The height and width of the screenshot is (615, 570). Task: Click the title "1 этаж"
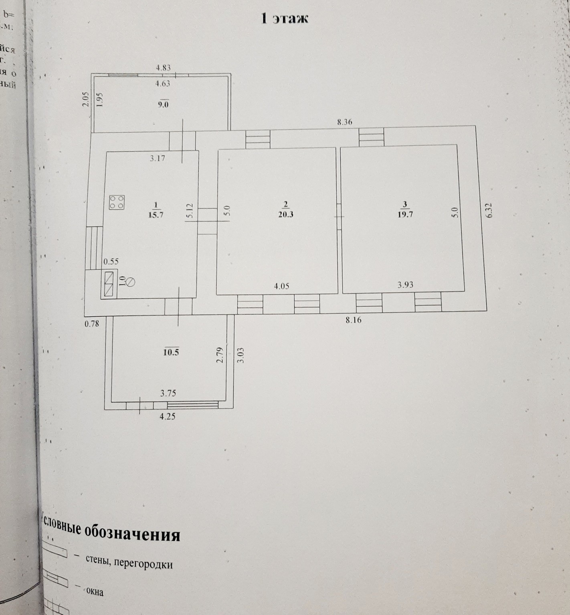point(285,19)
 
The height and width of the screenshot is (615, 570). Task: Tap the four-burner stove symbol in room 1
point(117,202)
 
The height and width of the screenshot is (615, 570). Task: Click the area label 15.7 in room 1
point(156,214)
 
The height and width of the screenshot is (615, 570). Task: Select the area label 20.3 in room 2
point(285,214)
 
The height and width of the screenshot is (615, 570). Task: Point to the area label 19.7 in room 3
point(405,214)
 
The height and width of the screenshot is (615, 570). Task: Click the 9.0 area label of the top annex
point(163,105)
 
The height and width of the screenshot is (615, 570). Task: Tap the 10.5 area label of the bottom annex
point(171,352)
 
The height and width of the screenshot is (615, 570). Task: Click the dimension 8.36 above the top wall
point(345,122)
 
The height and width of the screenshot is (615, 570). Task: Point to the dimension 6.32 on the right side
point(488,210)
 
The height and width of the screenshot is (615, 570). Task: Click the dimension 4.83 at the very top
point(163,67)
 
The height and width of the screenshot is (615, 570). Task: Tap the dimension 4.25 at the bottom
point(168,416)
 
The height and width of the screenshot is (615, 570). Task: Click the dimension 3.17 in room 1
point(158,158)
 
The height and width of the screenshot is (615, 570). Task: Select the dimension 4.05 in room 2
point(281,286)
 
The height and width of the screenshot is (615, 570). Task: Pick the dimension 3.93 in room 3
point(405,285)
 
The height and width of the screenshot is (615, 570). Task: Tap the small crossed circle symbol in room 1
point(131,283)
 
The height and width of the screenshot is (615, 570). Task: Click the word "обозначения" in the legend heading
point(133,534)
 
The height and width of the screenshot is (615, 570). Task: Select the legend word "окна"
point(95,591)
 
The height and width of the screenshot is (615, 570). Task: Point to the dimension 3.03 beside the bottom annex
point(241,356)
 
